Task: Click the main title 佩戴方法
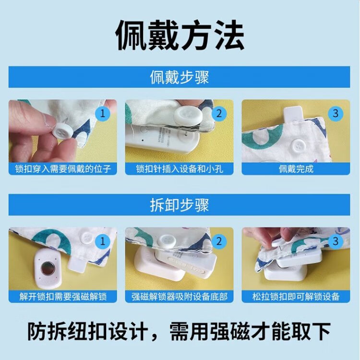click(180, 35)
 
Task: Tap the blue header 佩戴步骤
click(180, 77)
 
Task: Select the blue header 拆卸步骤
click(180, 205)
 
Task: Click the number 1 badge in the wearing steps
click(103, 113)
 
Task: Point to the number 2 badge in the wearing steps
click(219, 113)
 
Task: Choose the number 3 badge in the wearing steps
click(336, 113)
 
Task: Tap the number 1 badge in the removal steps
click(103, 241)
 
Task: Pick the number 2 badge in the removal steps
click(219, 241)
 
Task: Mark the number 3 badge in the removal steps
click(336, 241)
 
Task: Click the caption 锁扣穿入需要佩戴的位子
click(63, 169)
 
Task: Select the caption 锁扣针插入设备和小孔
click(180, 169)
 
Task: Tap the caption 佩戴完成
click(296, 169)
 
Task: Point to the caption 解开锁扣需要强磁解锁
click(63, 297)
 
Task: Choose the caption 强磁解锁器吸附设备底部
click(180, 297)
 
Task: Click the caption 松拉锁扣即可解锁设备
click(296, 297)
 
